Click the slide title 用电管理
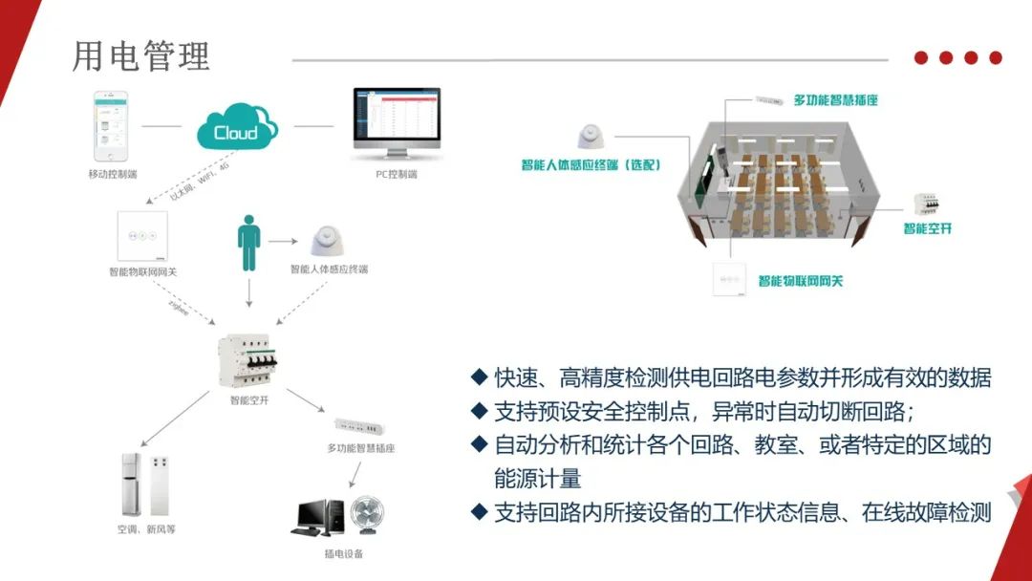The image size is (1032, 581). (141, 56)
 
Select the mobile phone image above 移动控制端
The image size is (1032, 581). (111, 127)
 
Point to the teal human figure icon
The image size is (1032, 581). (248, 245)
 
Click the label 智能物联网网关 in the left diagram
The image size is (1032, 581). (142, 271)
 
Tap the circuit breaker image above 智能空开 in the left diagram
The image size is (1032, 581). (248, 357)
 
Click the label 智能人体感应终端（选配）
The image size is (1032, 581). (591, 164)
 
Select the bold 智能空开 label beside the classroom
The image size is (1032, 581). (928, 228)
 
